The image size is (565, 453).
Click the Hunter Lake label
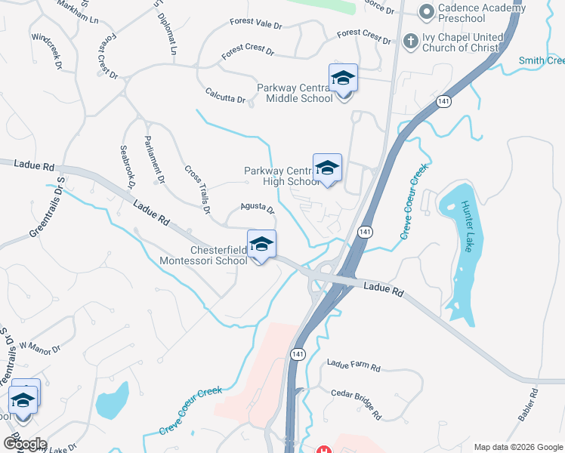(x=468, y=226)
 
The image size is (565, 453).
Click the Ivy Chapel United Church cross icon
(x=411, y=40)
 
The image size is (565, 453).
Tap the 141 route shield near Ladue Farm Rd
(x=297, y=354)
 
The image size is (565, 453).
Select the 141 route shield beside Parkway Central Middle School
(x=443, y=100)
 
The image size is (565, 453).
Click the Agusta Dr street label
(x=257, y=208)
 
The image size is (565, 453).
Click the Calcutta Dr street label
(x=226, y=95)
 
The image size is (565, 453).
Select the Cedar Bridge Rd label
(x=356, y=405)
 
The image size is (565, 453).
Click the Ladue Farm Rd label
(x=354, y=365)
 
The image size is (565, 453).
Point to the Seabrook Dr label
(x=126, y=168)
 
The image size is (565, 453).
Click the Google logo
(x=24, y=444)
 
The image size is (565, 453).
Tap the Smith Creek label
(x=542, y=60)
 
